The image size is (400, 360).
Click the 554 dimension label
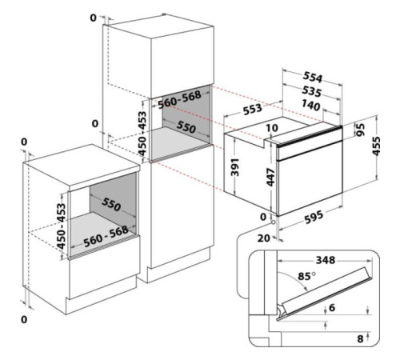coord(313,77)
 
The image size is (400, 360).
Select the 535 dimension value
coord(311,91)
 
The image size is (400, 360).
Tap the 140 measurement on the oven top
coord(311,106)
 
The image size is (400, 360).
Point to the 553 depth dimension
coord(253,109)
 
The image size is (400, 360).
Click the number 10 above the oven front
coord(272,128)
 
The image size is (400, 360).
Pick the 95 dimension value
coord(360,130)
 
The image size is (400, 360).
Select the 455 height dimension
coord(376,146)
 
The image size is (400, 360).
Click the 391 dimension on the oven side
coord(234,167)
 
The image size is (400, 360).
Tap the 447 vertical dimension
coord(270,178)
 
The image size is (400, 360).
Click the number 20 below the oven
coord(263,238)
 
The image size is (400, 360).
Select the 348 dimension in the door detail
coord(326,260)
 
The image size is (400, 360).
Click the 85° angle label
coord(306,276)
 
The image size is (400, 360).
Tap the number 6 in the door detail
coord(332,308)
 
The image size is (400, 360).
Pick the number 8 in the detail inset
coord(360,339)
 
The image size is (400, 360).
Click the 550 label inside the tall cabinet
coord(186,127)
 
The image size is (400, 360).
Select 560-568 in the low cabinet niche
coord(106,237)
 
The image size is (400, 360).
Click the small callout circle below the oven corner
coord(273,222)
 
